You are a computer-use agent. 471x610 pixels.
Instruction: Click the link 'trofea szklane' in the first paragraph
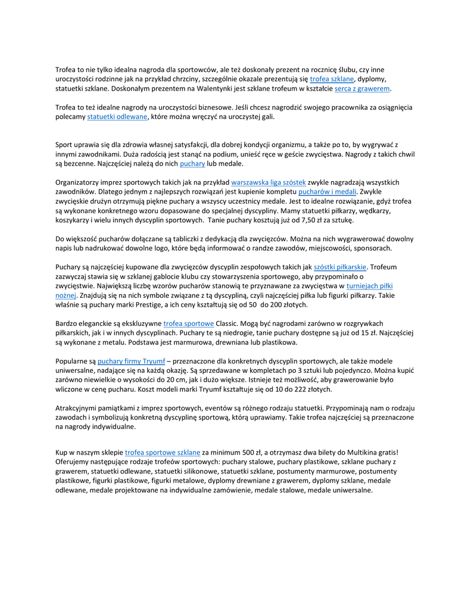[332, 79]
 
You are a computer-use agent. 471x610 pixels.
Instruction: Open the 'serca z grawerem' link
[362, 88]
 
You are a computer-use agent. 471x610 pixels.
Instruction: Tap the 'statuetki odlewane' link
[117, 117]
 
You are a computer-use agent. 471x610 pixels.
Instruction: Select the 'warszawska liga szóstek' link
[269, 182]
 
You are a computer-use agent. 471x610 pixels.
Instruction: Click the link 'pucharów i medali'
[327, 191]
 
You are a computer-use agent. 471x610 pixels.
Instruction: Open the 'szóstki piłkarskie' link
[340, 266]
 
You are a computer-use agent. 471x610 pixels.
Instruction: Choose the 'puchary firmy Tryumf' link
[123, 360]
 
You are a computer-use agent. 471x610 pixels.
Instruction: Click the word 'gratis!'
[386, 452]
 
